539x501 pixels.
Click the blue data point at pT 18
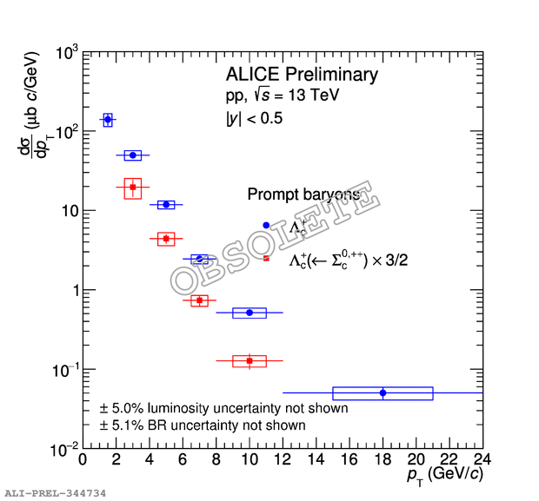(383, 392)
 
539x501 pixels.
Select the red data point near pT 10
(250, 360)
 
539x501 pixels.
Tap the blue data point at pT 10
(250, 313)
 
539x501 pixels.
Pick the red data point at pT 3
(133, 187)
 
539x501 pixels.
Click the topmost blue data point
(108, 120)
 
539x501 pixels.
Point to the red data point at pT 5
(166, 238)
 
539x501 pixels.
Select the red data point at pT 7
(200, 300)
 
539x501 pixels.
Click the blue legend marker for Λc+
(266, 225)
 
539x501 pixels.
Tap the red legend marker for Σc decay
(266, 258)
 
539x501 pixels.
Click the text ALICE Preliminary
(302, 75)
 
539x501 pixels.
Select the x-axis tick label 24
(481, 458)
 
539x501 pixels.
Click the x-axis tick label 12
(283, 458)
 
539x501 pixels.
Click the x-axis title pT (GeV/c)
(442, 476)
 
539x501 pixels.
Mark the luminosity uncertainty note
(224, 408)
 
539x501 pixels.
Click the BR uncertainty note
(203, 425)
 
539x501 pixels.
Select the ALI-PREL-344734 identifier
(56, 492)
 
